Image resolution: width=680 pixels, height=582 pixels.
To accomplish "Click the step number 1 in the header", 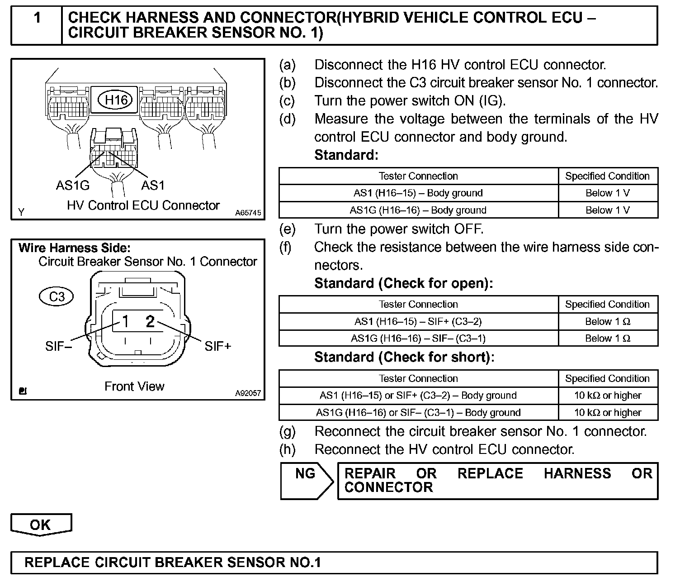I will point(37,18).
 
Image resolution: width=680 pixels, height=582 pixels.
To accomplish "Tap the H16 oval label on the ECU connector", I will point(116,100).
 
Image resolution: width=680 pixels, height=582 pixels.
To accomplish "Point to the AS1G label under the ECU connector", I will point(73,185).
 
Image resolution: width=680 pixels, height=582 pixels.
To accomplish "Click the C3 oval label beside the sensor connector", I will point(57,297).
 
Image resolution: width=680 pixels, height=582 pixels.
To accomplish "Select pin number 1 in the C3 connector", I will point(125,321).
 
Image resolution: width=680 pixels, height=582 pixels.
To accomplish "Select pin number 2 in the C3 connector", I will point(150,321).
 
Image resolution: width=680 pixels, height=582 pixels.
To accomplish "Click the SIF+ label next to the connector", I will point(218,346).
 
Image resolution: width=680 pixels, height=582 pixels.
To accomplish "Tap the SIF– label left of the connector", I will point(59,346).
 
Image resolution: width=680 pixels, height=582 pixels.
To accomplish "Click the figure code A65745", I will point(248,213).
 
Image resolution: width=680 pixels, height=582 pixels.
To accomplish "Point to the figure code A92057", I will point(248,393).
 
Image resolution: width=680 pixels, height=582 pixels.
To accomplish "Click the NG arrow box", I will point(307,480).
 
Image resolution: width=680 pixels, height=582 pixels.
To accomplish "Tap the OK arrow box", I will point(41,525).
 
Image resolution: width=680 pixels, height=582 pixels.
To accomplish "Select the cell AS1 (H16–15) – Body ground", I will point(418,193).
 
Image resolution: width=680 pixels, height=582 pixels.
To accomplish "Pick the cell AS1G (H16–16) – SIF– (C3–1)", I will point(418,339).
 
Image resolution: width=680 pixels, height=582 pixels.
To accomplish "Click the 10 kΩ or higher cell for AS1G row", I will point(608,413).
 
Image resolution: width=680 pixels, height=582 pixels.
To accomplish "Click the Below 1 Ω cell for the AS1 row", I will point(608,322).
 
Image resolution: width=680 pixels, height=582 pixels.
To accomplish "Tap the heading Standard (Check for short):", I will point(404,357).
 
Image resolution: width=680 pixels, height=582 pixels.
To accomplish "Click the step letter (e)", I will point(287,229).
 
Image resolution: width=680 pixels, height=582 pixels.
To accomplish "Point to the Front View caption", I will point(134,386).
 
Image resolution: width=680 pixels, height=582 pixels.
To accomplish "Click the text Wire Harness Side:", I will point(75,248).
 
